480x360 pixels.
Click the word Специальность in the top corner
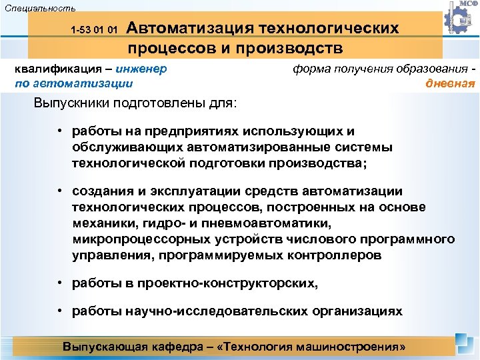pyautogui.click(x=39, y=8)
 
